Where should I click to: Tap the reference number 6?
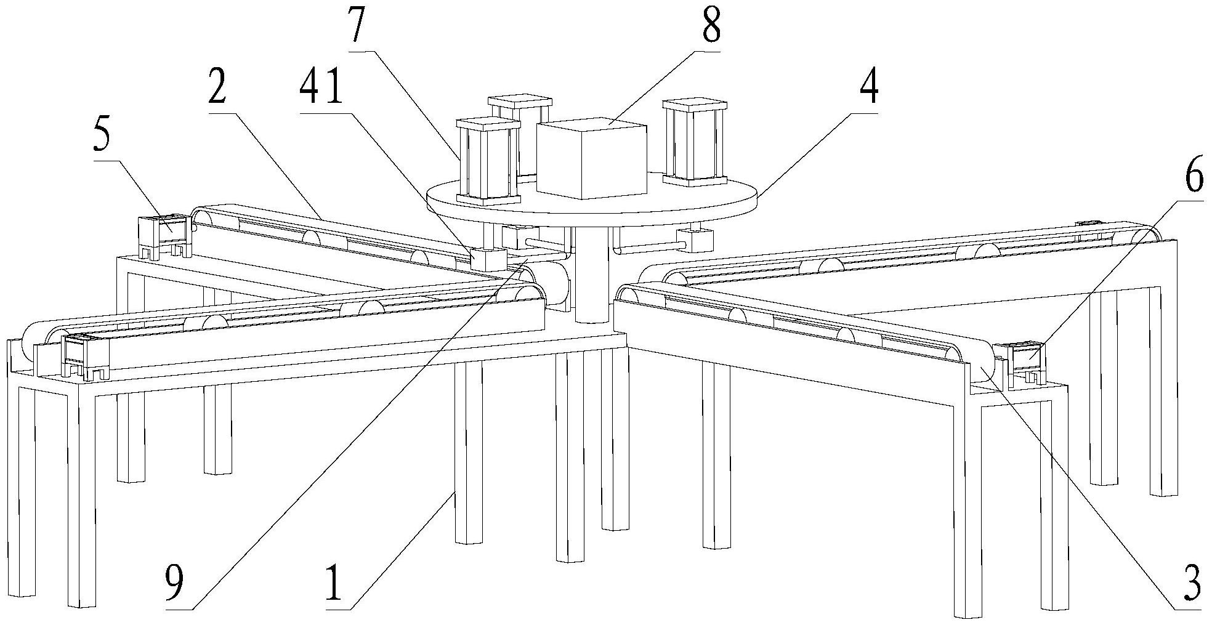pyautogui.click(x=1193, y=179)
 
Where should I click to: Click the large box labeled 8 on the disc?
pyautogui.click(x=591, y=160)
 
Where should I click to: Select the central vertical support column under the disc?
pyautogui.click(x=592, y=277)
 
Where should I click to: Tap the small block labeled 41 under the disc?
pyautogui.click(x=488, y=259)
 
